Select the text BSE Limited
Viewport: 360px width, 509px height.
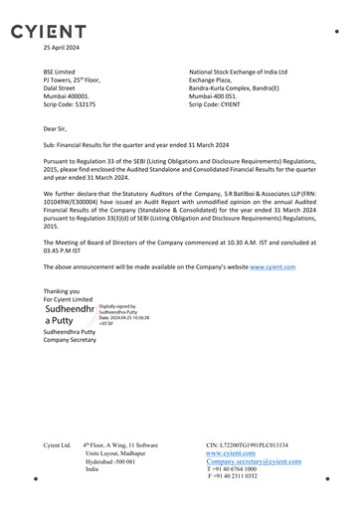coord(62,73)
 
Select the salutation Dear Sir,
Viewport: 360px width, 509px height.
coord(58,129)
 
